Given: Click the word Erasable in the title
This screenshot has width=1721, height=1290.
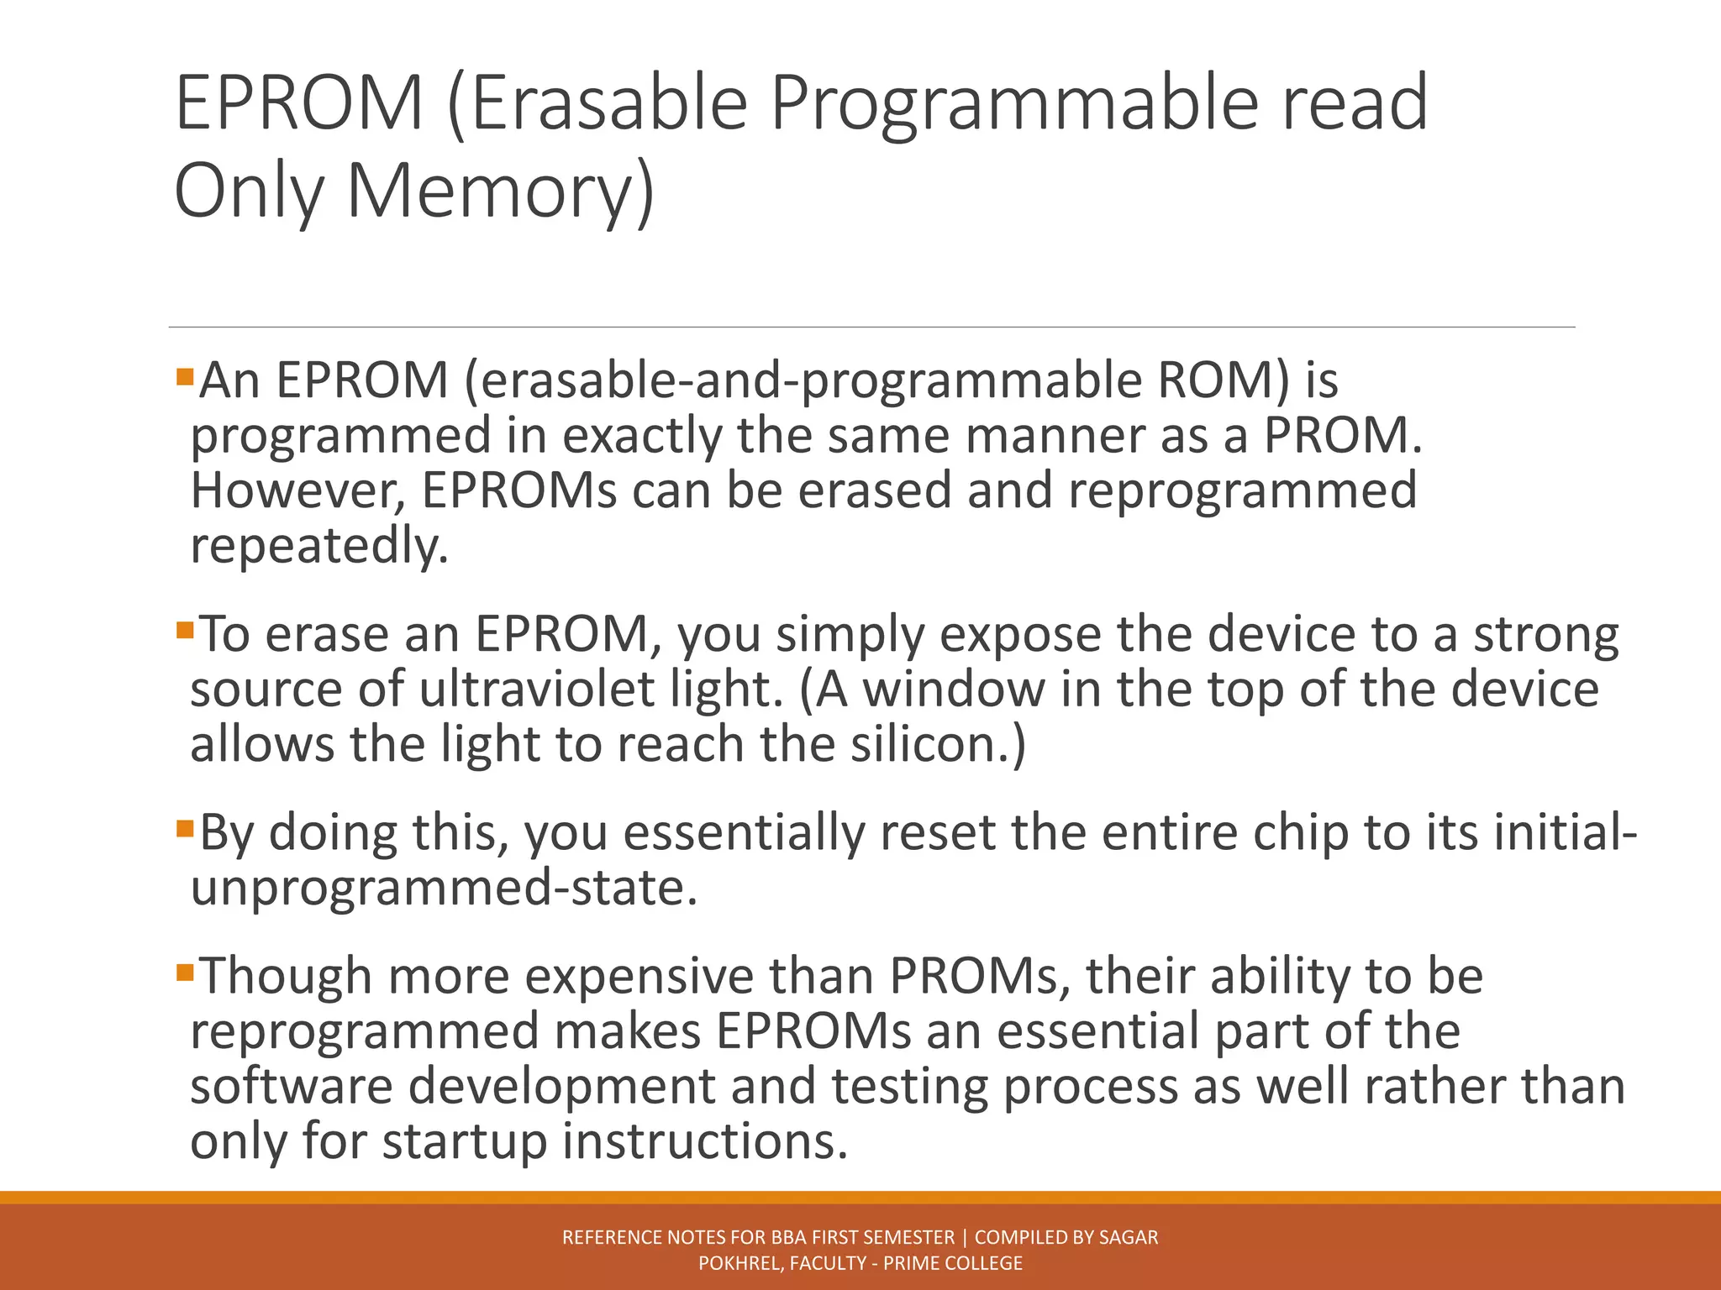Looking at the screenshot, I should click(x=609, y=102).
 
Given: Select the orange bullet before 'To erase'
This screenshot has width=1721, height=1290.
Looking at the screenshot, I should click(x=185, y=629).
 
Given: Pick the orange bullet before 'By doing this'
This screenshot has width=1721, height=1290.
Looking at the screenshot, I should click(x=185, y=828).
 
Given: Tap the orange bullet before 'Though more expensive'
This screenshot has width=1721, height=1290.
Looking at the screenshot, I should click(x=185, y=972).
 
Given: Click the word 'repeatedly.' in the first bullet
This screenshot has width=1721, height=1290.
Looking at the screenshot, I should click(x=319, y=547).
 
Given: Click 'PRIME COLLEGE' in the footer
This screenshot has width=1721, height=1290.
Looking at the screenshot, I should click(x=953, y=1263).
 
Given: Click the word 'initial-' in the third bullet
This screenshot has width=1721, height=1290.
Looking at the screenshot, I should click(x=1566, y=833).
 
